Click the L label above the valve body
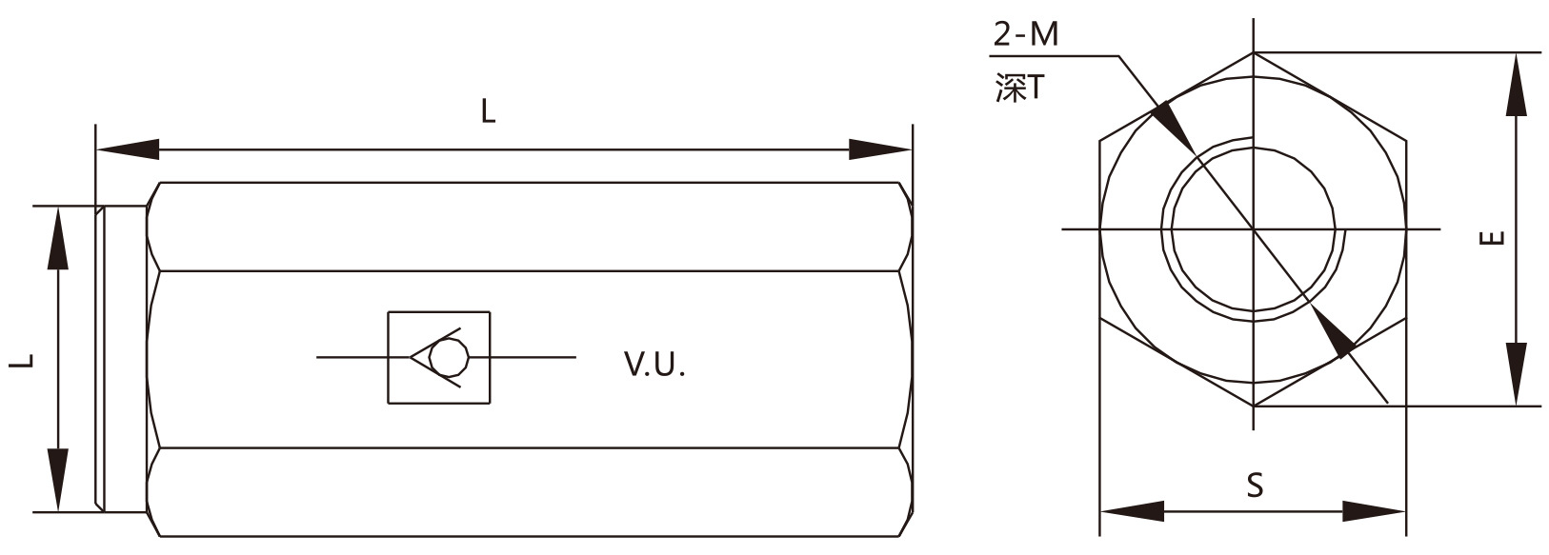[x=488, y=112]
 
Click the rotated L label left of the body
[x=26, y=360]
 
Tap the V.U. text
[x=654, y=365]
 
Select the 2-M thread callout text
[x=1025, y=35]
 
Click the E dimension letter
[x=1495, y=238]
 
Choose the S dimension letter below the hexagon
[x=1255, y=486]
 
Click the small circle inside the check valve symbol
[x=448, y=359]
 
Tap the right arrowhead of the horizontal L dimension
[x=880, y=149]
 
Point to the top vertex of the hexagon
[x=1253, y=52]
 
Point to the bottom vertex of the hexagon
[x=1253, y=406]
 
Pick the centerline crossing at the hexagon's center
[x=1253, y=228]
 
